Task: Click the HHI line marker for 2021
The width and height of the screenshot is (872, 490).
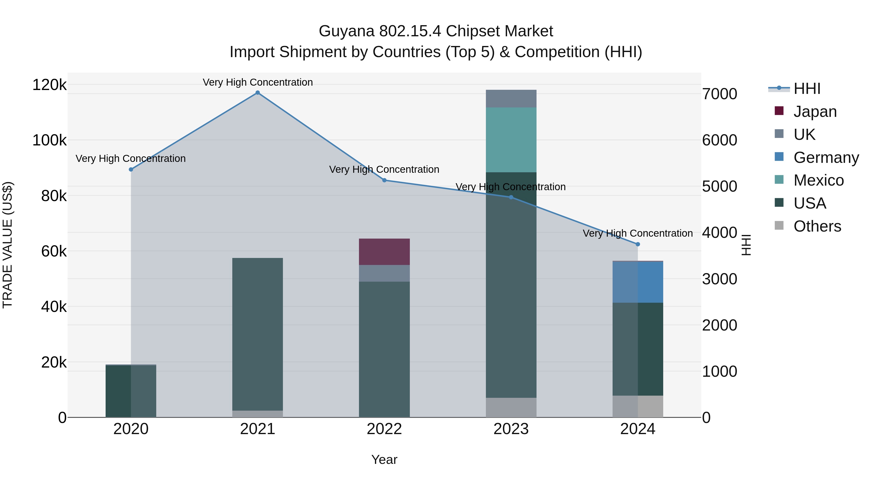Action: [x=258, y=93]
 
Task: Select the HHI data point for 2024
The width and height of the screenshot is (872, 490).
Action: [x=638, y=244]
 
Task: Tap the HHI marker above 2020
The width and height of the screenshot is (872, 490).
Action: [x=131, y=169]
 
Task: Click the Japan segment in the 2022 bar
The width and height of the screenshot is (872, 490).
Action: [x=384, y=252]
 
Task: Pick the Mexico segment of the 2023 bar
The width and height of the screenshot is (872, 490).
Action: [x=511, y=140]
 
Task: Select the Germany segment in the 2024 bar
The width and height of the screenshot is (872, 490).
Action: [x=638, y=282]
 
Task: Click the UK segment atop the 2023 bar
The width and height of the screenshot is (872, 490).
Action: [x=511, y=98]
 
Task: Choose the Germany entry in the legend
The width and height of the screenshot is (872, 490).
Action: [x=826, y=158]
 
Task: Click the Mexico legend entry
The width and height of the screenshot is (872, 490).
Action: [x=818, y=180]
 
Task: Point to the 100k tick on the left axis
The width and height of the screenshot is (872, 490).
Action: [x=49, y=140]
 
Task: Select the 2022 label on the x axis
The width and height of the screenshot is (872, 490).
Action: [x=384, y=429]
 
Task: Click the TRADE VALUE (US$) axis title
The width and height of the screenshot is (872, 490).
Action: [x=8, y=245]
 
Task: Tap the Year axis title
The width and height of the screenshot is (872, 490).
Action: [x=384, y=460]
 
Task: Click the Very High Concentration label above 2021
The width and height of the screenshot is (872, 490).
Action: [x=258, y=82]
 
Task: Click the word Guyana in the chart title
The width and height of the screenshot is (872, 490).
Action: [x=346, y=31]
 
